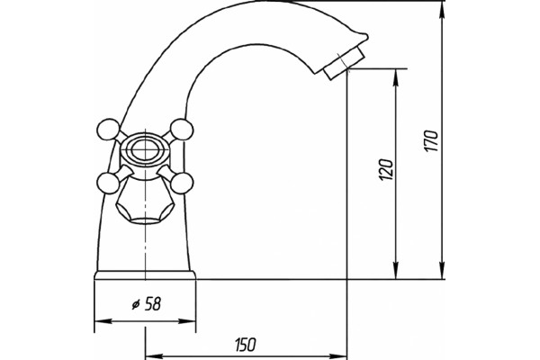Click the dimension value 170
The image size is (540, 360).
(430, 140)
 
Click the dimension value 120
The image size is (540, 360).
(385, 169)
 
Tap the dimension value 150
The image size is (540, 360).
(246, 345)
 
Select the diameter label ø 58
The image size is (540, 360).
(147, 304)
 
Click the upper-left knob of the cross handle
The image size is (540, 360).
(108, 130)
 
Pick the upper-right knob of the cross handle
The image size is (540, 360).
(182, 130)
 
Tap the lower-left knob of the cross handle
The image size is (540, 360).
(108, 183)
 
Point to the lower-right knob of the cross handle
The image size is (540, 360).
(182, 183)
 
